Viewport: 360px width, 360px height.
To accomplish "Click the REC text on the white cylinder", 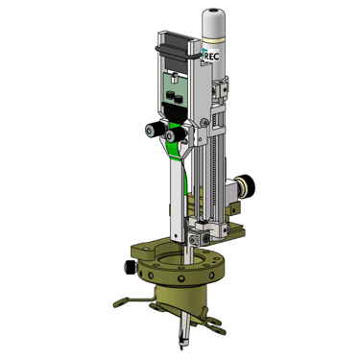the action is tap(212, 57).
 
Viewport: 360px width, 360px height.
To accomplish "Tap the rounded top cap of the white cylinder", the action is tap(212, 15).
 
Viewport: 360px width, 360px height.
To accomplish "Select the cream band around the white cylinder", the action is tap(212, 41).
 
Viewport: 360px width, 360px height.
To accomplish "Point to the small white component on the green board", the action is tap(174, 78).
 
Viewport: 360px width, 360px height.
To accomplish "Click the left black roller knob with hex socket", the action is tap(153, 131).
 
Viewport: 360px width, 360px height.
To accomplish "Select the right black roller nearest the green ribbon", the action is tap(175, 134).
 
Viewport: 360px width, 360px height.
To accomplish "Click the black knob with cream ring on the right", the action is tap(246, 186).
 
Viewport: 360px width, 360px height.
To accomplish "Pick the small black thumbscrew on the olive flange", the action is tap(131, 267).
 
